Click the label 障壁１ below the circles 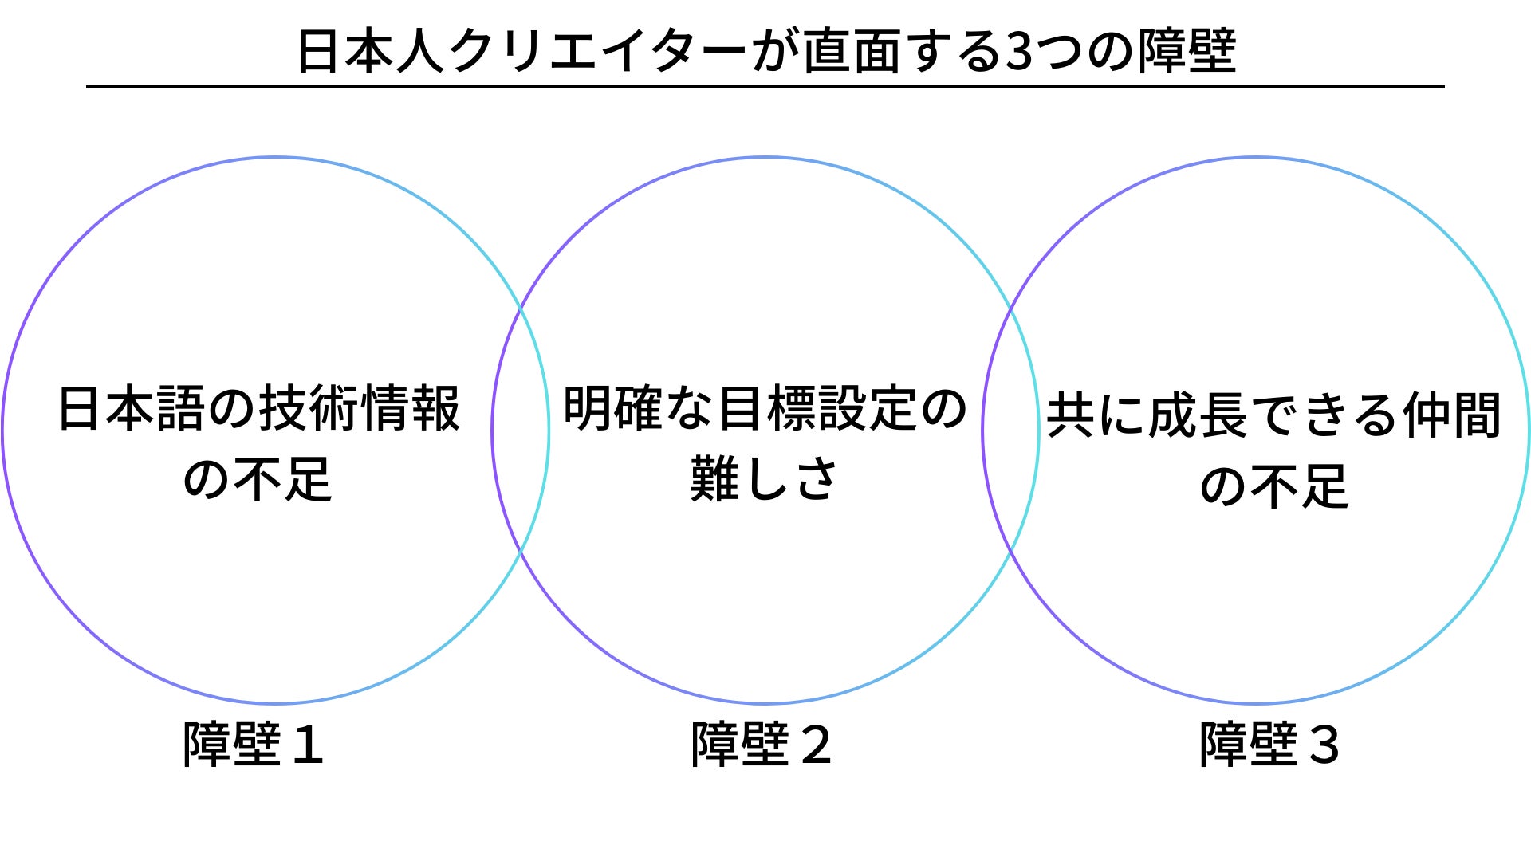tap(253, 745)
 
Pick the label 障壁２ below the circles tap(761, 745)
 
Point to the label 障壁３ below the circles tap(1269, 745)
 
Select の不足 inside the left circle tap(257, 480)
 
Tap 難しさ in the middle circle tap(763, 480)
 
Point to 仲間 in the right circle tap(1452, 415)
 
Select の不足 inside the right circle tap(1273, 486)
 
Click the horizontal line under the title tap(765, 86)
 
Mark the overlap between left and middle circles tap(521, 431)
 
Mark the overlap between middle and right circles tap(1010, 431)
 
